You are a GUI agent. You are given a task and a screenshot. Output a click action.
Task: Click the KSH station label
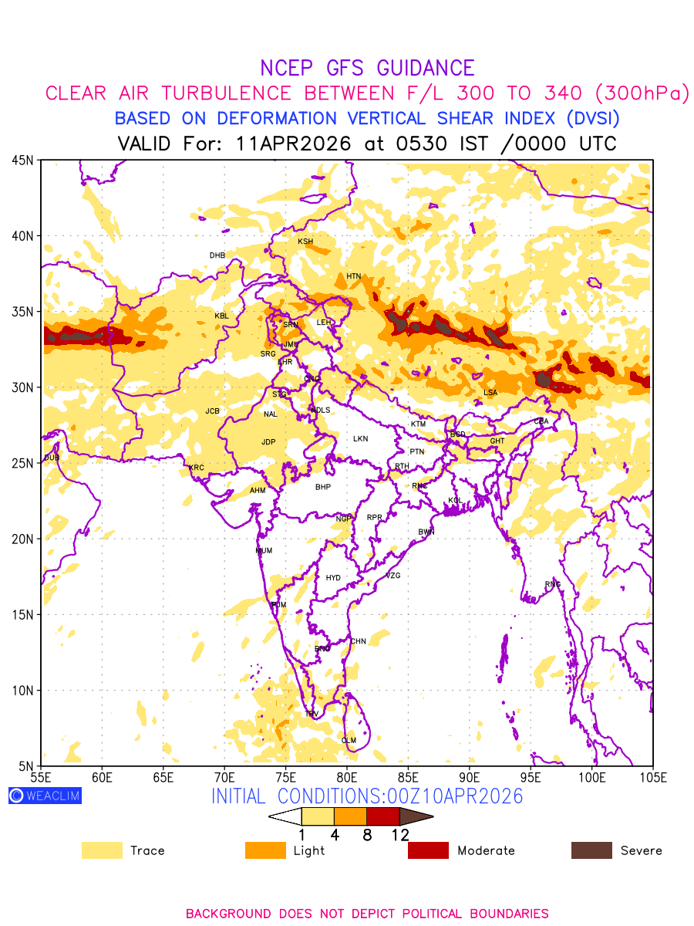tap(305, 242)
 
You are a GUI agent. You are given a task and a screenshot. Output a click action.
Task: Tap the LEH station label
tap(324, 323)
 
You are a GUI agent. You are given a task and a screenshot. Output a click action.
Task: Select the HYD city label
tap(333, 578)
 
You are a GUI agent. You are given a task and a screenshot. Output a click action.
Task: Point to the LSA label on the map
tap(490, 393)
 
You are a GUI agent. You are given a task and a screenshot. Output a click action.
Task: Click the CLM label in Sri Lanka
tap(349, 741)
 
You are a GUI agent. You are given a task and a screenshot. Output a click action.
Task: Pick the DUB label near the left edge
tap(51, 458)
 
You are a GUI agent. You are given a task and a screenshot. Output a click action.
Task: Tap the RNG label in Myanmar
tap(553, 584)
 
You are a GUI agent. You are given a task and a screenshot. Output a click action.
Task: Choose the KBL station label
tap(222, 316)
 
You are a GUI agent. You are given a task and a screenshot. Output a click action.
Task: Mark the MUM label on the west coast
tap(264, 551)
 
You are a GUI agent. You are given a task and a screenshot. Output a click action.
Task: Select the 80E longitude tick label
tap(347, 776)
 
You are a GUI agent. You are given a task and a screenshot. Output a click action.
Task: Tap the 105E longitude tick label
tap(652, 776)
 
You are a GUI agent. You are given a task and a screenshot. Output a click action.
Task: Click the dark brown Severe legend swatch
tap(591, 850)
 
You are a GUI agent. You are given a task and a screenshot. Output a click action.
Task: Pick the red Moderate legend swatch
tap(428, 850)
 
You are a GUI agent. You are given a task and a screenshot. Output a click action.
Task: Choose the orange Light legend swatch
tap(265, 850)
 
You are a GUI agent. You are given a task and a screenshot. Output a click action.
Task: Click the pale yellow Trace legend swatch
tap(102, 850)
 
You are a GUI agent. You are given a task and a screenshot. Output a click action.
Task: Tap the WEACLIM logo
tap(45, 796)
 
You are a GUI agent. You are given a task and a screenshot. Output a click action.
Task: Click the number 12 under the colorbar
tap(399, 835)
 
